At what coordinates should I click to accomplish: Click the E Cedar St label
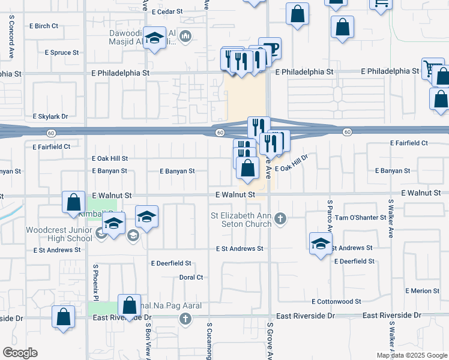click(x=167, y=11)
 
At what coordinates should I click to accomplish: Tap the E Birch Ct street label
click(x=44, y=26)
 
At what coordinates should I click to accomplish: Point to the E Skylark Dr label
click(x=50, y=116)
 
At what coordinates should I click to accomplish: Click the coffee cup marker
click(x=270, y=49)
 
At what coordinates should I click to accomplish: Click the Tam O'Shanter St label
click(x=360, y=217)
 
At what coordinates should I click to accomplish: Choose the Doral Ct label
click(x=191, y=277)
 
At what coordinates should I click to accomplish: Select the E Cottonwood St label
click(x=336, y=301)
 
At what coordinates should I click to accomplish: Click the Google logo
click(x=20, y=353)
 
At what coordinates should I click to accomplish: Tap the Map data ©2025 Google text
click(x=412, y=355)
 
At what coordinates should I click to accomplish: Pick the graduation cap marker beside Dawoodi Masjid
click(x=155, y=40)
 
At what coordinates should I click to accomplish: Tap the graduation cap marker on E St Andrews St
click(x=321, y=243)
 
